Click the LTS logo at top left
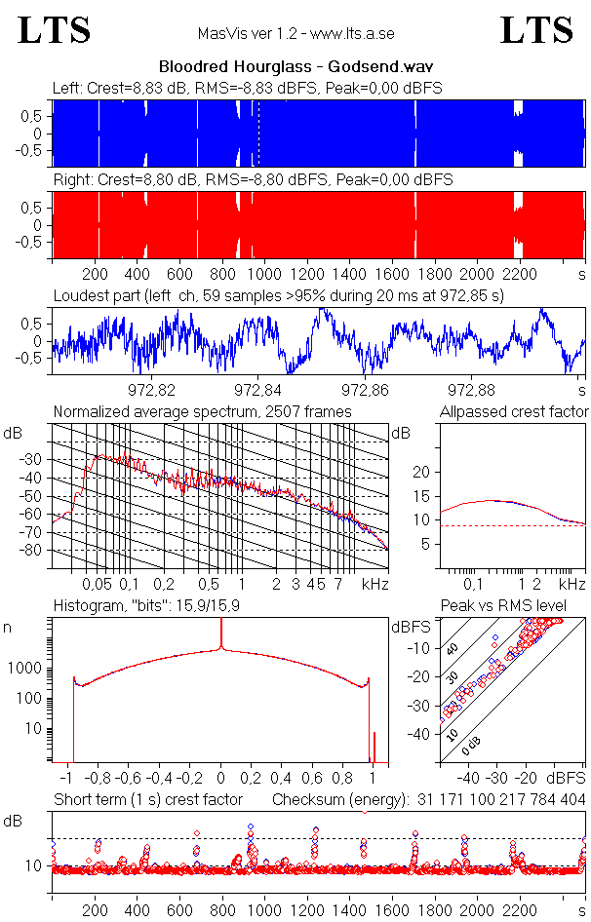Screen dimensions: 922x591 [x=55, y=30]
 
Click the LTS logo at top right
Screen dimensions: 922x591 [x=536, y=30]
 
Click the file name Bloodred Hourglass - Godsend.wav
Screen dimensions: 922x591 [x=295, y=67]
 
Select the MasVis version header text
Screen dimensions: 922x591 [x=295, y=33]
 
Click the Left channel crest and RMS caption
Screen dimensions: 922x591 [x=248, y=88]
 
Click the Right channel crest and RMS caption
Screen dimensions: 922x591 [x=252, y=180]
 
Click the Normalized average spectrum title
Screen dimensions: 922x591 [x=202, y=412]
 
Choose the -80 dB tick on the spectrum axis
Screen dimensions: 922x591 [x=34, y=550]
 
